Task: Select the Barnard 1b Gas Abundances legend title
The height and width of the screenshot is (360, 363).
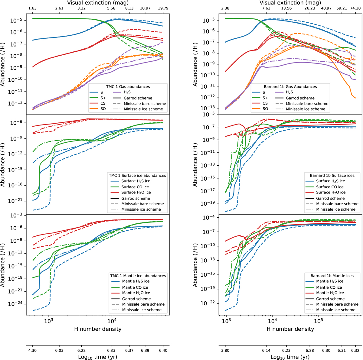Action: click(290, 86)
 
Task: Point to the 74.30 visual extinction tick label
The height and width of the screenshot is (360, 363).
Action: click(355, 8)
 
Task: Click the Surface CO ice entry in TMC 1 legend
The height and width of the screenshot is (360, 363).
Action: click(135, 187)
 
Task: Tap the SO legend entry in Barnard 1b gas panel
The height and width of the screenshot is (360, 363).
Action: click(265, 109)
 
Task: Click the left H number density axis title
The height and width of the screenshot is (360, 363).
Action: click(98, 329)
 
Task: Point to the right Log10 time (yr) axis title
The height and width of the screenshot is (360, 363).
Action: click(290, 357)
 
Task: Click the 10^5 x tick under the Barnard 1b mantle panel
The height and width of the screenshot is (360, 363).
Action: click(318, 321)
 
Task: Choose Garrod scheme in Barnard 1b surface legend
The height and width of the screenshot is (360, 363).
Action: click(330, 198)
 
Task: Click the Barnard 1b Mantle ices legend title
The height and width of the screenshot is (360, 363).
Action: click(332, 276)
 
